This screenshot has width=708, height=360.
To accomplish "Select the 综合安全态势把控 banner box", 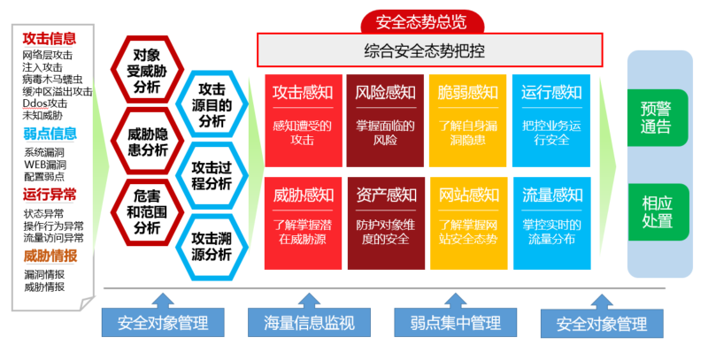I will point(429,50).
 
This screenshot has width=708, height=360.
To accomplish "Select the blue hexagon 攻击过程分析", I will point(212,175).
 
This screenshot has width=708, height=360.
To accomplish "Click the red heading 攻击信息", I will point(50,38).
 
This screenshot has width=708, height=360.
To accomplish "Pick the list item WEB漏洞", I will point(45,165).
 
